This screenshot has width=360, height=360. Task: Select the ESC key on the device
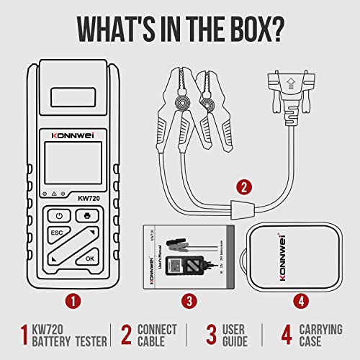pos(58,233)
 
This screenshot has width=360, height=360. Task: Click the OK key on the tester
pos(89,257)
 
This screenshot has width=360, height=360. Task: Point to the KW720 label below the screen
pos(89,194)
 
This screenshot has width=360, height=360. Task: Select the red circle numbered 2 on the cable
pos(245,188)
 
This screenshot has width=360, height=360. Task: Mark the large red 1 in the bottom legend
pos(22,335)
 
